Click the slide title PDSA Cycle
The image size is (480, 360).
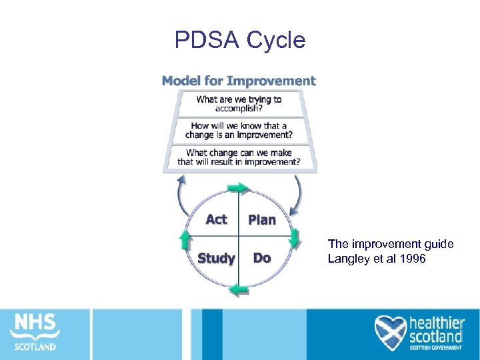tap(240, 41)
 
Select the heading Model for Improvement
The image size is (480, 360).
tap(239, 81)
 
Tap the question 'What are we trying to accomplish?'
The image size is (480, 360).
tap(239, 104)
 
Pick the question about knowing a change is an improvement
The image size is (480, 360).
tap(239, 130)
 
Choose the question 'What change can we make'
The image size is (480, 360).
tap(239, 157)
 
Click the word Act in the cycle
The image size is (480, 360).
tap(216, 219)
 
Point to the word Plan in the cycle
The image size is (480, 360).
tap(262, 220)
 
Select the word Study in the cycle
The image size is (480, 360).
tap(216, 258)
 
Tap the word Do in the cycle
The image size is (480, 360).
tap(262, 258)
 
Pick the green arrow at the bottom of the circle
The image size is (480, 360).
tap(239, 289)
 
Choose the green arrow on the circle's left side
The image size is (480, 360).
tap(185, 239)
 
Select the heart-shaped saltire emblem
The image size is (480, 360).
tap(390, 332)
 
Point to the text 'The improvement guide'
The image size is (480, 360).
tap(391, 244)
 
